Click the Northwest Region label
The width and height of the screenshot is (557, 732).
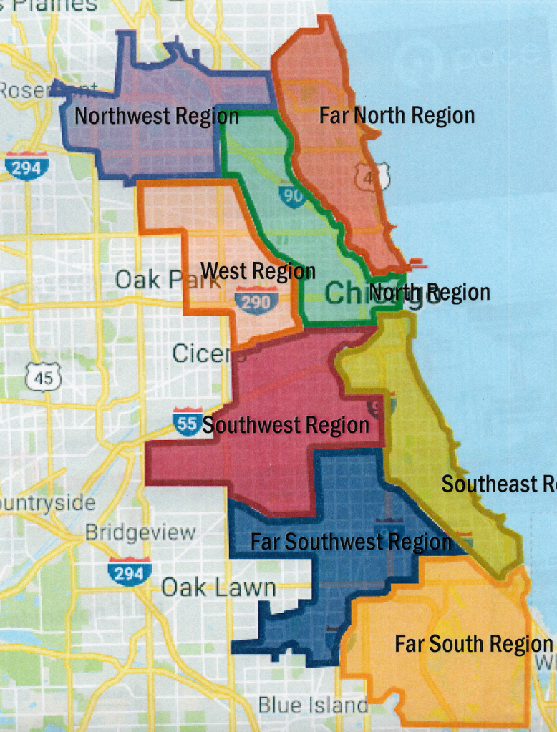[x=157, y=116]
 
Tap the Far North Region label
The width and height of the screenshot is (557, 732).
[x=397, y=115]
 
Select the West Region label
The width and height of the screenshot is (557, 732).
[x=258, y=271]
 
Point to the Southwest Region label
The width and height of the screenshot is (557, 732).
[x=286, y=426]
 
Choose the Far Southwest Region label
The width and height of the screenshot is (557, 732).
[x=351, y=542]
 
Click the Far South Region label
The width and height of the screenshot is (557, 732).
[x=473, y=644]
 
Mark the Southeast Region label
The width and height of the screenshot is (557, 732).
[x=498, y=484]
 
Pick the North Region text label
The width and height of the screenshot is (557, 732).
[x=430, y=292]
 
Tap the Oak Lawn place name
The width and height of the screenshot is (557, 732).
[x=218, y=588]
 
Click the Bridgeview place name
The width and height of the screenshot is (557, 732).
[x=140, y=532]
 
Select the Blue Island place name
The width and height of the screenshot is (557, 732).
[x=313, y=705]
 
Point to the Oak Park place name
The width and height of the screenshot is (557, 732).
[x=158, y=280]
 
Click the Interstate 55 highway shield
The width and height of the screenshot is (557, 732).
[x=186, y=422]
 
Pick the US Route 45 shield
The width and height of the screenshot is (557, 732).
[x=44, y=376]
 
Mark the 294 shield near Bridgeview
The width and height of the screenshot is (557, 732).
[x=130, y=571]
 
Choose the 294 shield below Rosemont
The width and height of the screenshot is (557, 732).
[x=26, y=166]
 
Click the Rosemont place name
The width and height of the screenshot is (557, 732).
[x=29, y=91]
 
